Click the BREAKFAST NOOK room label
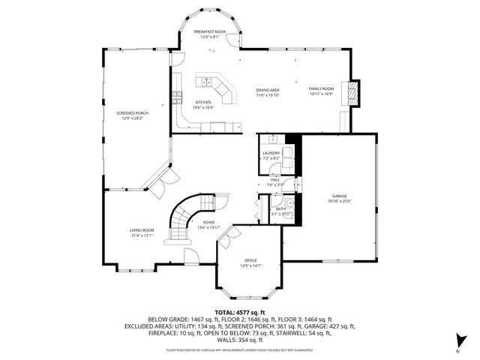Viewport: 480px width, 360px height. tap(209, 31)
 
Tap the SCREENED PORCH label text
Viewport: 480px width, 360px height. tap(132, 112)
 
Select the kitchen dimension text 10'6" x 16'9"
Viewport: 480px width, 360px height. tap(203, 107)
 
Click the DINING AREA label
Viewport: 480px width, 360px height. tap(268, 90)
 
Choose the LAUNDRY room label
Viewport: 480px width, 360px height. tap(271, 153)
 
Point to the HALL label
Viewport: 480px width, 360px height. tap(275, 180)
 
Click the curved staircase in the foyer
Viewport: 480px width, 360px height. tap(184, 214)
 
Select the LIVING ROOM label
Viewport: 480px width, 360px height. tap(142, 230)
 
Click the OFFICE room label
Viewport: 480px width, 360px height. tap(250, 260)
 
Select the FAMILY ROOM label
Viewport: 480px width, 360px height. tap(320, 90)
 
